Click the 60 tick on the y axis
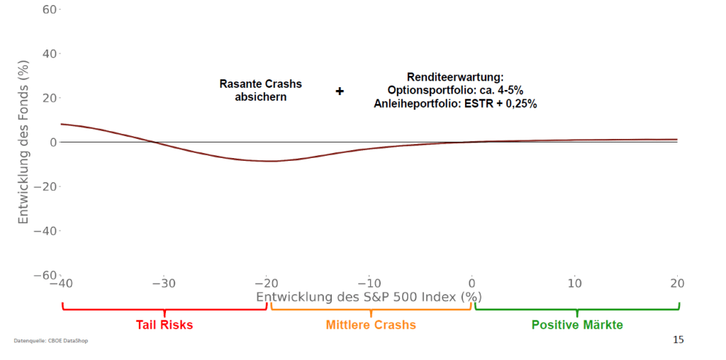pyautogui.click(x=49, y=10)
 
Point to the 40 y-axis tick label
pyautogui.click(x=49, y=54)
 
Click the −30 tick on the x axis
pyautogui.click(x=163, y=283)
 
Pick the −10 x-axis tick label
pyautogui.click(x=369, y=283)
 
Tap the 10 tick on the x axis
pyautogui.click(x=575, y=283)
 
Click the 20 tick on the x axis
pyautogui.click(x=678, y=283)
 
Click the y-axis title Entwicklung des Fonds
pyautogui.click(x=23, y=142)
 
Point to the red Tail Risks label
pyautogui.click(x=164, y=325)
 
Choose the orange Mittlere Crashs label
pyautogui.click(x=371, y=325)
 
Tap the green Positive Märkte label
pyautogui.click(x=577, y=325)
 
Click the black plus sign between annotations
pyautogui.click(x=340, y=91)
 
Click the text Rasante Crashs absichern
pyautogui.click(x=261, y=90)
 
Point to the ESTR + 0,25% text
pyautogui.click(x=506, y=103)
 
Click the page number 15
pyautogui.click(x=678, y=340)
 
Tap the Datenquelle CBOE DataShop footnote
pyautogui.click(x=51, y=341)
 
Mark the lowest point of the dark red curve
pyautogui.click(x=273, y=161)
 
